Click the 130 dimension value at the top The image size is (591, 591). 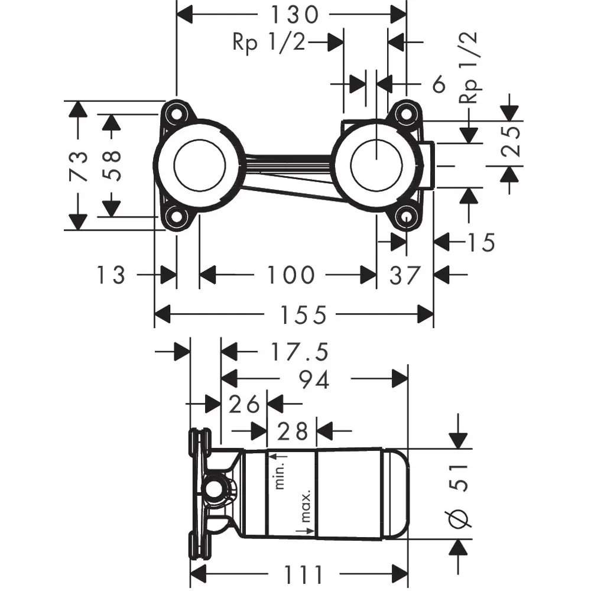click(x=294, y=15)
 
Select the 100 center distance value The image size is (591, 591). click(x=290, y=275)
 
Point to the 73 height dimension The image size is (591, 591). click(x=79, y=166)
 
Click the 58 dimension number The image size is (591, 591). click(x=111, y=166)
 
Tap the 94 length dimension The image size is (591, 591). click(x=314, y=379)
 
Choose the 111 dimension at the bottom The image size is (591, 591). click(x=303, y=574)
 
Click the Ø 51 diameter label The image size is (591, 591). click(x=459, y=496)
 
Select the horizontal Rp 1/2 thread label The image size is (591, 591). click(x=269, y=42)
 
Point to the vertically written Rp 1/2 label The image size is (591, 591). click(x=468, y=67)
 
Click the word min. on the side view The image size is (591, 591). click(x=280, y=471)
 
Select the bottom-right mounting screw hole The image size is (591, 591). click(x=406, y=217)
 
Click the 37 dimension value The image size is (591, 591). click(x=404, y=275)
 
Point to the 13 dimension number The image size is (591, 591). click(x=111, y=275)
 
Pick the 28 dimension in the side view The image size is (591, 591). click(x=292, y=431)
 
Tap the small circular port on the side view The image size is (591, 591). click(x=215, y=491)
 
